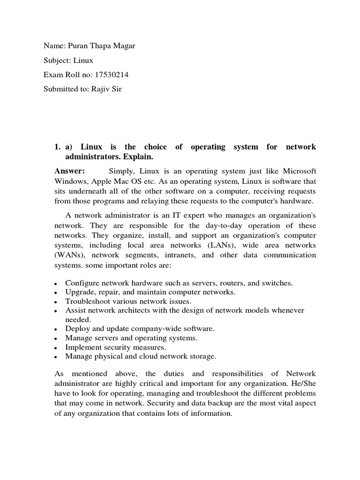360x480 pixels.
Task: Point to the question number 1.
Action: tap(58, 147)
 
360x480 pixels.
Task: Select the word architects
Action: tap(141, 310)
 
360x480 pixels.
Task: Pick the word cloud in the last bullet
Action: tap(150, 356)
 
